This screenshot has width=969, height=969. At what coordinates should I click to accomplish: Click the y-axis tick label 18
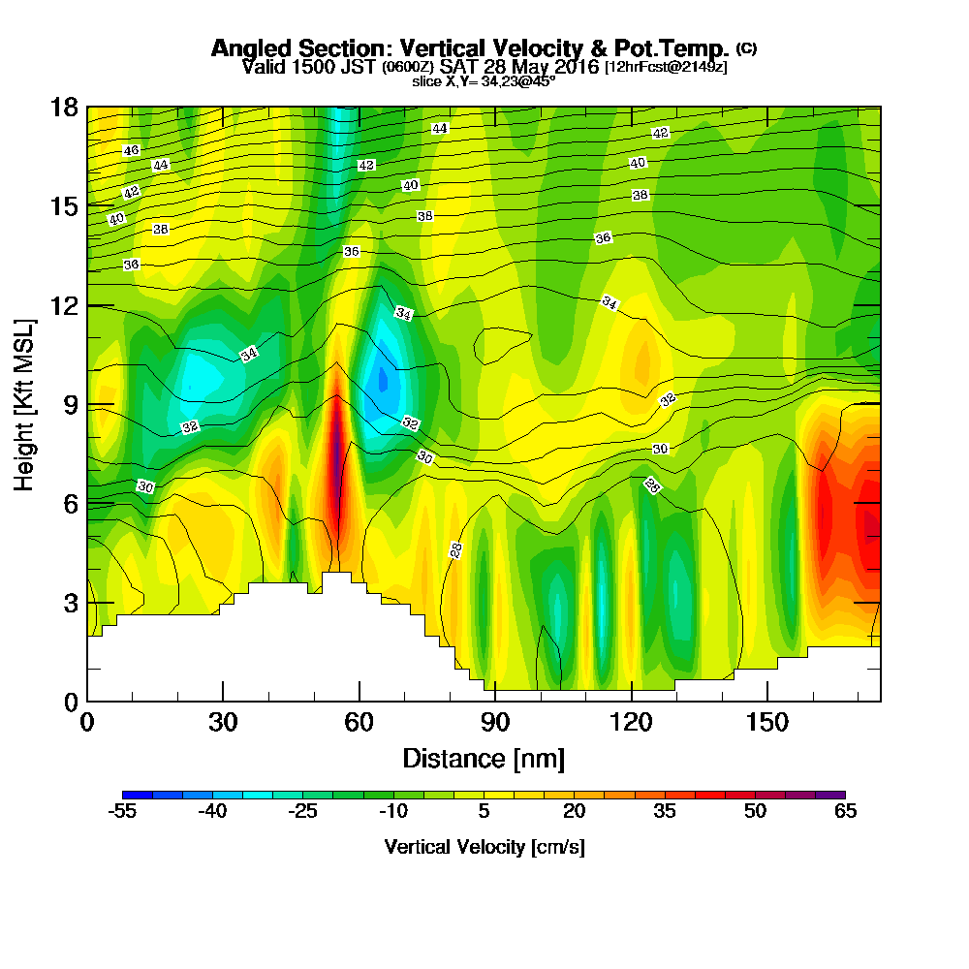coord(64,107)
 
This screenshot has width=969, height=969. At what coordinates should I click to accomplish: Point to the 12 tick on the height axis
coord(64,305)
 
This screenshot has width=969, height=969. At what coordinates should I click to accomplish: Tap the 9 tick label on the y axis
coord(70,404)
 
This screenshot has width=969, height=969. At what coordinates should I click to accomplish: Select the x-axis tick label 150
coord(767,722)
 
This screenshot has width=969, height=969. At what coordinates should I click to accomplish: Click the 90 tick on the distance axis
coord(495,722)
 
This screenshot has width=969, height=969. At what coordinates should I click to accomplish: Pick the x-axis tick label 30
coord(223,722)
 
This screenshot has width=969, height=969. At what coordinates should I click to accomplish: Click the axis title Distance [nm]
coord(484,758)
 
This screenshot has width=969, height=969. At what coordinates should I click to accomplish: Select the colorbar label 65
coord(845,812)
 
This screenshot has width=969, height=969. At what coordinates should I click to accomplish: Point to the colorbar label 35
coord(665,812)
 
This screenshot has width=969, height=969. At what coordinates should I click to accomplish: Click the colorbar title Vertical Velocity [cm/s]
coord(484,847)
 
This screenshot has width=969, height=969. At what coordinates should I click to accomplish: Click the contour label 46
coord(132,150)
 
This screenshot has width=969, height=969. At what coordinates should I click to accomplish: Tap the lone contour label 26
coord(651,485)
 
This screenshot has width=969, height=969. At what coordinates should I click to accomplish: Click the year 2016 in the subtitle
coord(569,67)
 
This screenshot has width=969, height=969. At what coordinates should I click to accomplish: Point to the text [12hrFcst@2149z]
coord(665,67)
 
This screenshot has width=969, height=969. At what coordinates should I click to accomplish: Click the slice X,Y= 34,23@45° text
coord(484,81)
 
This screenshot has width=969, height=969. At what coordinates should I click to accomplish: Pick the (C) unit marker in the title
coord(747,47)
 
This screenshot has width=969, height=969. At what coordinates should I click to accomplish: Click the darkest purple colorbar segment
coord(830,795)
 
